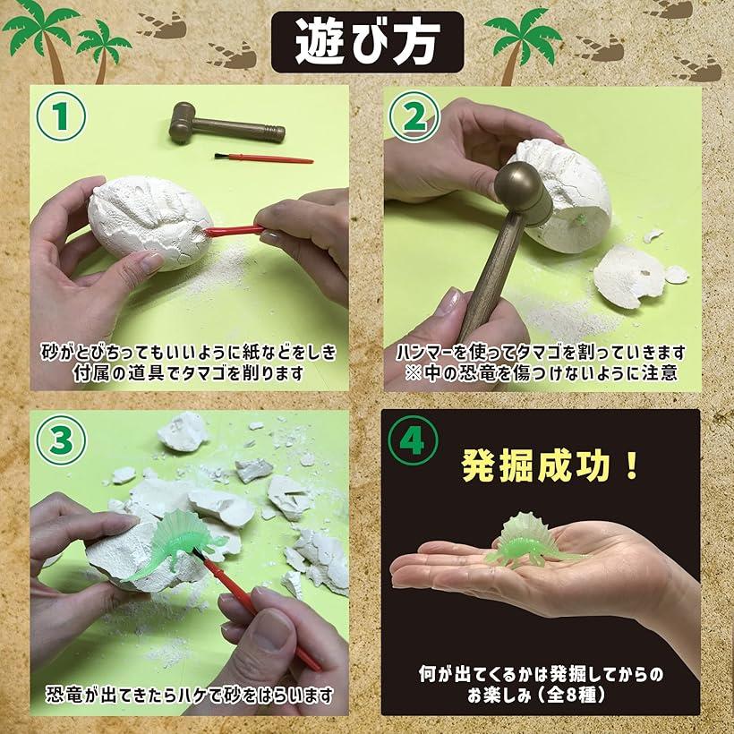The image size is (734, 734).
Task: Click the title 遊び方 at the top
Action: pos(368,42)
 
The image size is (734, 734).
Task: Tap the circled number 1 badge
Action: pos(61,116)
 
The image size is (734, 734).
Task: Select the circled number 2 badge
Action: pos(414,116)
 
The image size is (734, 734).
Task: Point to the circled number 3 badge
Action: pos(61,440)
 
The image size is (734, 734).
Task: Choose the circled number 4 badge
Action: pos(413,440)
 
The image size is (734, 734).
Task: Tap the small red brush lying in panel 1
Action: pos(263,158)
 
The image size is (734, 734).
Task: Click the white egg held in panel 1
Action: pos(149,221)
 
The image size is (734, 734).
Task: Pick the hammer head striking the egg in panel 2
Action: pos(524,192)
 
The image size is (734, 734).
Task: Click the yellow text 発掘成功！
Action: pos(549,466)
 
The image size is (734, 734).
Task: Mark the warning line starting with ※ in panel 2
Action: pos(542,373)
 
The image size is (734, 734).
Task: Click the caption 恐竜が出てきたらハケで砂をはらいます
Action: pos(189,695)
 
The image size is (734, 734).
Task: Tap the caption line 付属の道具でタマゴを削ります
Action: pos(189,373)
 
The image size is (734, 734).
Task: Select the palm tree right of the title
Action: pos(523,45)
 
